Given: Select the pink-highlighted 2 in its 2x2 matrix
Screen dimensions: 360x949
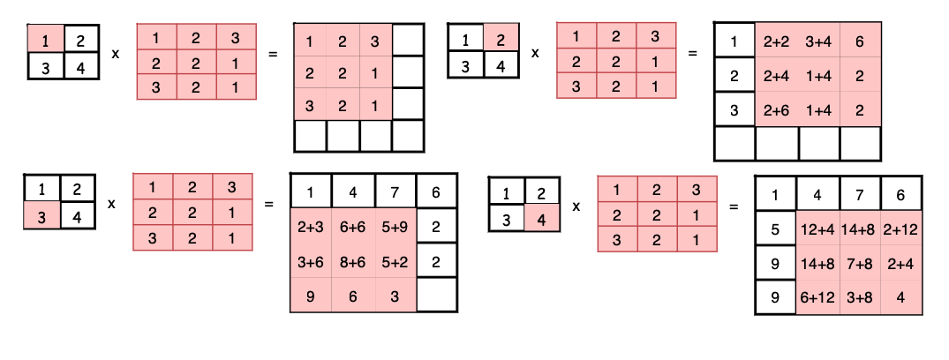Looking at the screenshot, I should coord(501,39).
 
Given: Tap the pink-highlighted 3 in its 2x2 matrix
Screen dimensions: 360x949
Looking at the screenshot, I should coord(42,215).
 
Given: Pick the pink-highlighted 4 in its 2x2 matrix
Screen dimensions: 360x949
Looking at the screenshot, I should coord(540,217).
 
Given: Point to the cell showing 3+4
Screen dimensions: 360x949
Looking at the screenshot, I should coord(818,40).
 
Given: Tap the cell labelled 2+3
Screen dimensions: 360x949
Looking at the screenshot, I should coord(311,226).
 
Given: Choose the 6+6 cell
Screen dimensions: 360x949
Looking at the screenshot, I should coord(353,226).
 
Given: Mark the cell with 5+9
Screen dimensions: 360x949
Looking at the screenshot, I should coord(395,226).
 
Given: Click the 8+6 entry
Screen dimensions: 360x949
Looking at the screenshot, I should coord(353,261).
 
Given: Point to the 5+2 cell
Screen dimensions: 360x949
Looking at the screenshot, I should coord(395,261).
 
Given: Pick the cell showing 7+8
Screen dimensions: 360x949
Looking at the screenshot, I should coord(859,262).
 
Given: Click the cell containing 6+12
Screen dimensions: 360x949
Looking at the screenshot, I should coord(817,296).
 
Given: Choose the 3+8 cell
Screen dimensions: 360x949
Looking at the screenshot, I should coord(859,296).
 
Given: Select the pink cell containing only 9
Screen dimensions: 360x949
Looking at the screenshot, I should coord(311,296).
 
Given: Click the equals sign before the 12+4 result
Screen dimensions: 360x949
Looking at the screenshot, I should coord(733,207).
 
